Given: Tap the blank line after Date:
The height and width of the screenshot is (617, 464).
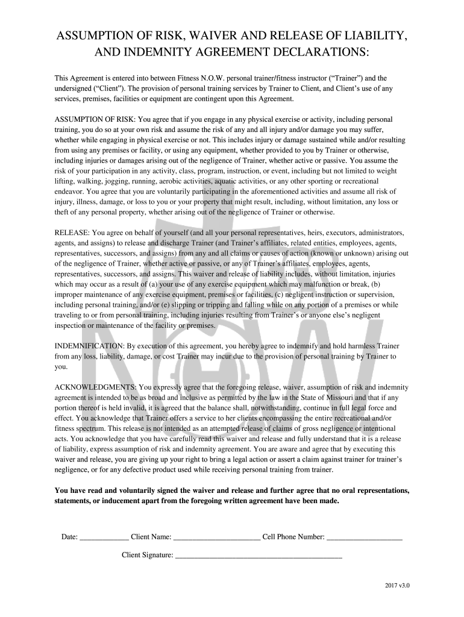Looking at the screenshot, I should (104, 536).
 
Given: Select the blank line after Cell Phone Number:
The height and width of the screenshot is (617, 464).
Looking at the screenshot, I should (365, 536).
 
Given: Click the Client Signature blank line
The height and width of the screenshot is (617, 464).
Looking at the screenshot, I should (259, 556).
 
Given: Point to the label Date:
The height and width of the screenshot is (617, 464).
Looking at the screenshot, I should (69, 536).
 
